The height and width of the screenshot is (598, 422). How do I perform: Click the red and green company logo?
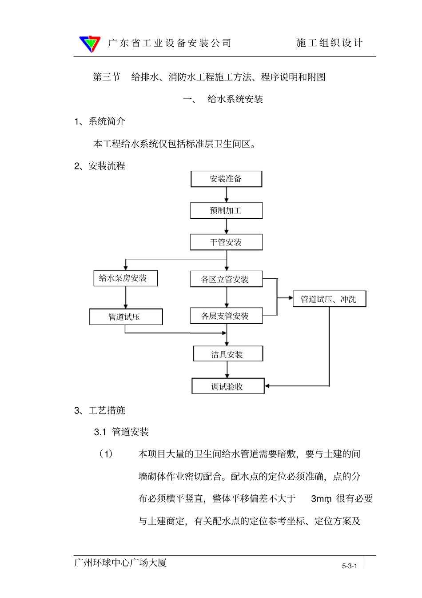point(90,44)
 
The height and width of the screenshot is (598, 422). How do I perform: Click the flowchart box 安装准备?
point(226,179)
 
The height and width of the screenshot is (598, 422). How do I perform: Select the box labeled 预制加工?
point(226,211)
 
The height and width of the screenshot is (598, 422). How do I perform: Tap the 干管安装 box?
point(226,242)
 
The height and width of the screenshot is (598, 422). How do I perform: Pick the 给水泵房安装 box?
point(125,278)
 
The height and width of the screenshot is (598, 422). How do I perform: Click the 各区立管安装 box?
point(226,279)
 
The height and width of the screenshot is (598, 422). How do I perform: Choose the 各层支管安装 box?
point(226,316)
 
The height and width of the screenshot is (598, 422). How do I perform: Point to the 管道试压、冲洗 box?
point(329,299)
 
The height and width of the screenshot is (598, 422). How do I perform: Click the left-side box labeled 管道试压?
point(126,317)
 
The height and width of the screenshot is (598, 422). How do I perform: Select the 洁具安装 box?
point(228,354)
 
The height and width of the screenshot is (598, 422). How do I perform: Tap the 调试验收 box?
point(228,386)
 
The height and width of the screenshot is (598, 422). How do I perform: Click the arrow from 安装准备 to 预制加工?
point(227,195)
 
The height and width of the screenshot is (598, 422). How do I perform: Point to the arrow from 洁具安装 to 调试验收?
point(227,370)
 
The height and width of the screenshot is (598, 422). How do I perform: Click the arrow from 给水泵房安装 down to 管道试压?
point(126,297)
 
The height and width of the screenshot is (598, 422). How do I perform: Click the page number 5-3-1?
point(349,566)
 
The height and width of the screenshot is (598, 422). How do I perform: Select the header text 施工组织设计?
point(329,43)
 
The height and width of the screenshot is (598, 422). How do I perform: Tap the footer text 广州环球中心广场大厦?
point(120,563)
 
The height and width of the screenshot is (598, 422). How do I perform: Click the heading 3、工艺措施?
point(100,410)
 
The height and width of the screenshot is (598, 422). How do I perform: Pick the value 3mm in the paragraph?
point(321,499)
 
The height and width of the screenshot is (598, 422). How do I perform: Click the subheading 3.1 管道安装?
point(121,432)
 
